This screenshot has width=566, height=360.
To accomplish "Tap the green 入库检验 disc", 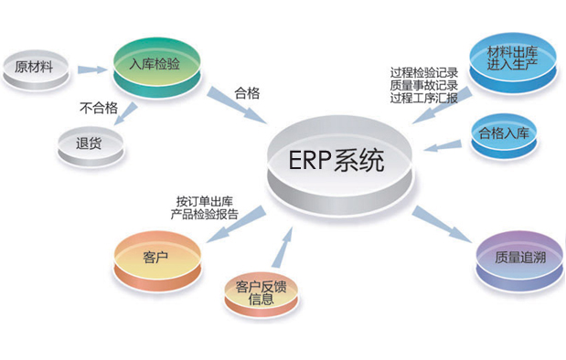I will [x=155, y=65].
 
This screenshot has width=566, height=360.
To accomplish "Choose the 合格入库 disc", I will [x=503, y=134].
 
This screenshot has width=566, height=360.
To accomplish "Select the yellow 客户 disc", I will [x=156, y=257].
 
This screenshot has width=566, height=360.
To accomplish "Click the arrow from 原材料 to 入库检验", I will [x=91, y=69].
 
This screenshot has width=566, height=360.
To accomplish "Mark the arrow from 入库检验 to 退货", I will [x=126, y=113].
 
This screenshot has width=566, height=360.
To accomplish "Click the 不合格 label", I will [x=100, y=106].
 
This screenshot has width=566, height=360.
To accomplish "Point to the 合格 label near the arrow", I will [x=249, y=91].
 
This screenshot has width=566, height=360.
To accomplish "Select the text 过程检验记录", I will [x=423, y=72].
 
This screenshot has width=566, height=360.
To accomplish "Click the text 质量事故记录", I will [x=423, y=86].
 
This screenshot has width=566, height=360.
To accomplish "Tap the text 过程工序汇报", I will [x=423, y=99].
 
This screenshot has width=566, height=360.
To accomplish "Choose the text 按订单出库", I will [x=209, y=201].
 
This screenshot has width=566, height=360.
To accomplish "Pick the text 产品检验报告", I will [x=205, y=215].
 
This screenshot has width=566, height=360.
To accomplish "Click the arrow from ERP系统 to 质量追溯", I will [x=442, y=224].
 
